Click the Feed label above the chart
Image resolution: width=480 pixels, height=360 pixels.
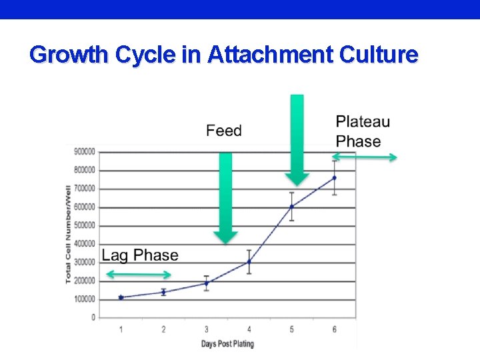(224, 131)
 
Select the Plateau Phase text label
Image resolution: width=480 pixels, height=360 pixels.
(363, 131)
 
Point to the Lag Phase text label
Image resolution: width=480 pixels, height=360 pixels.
(140, 255)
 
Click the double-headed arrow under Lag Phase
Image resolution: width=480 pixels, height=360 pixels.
(139, 275)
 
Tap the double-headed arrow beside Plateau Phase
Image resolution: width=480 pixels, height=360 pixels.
(365, 157)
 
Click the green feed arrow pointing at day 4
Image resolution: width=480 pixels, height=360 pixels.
(226, 197)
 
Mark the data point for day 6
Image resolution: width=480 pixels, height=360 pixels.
(334, 178)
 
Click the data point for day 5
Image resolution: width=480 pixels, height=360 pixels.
(291, 207)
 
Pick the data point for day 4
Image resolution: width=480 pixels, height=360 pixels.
(249, 262)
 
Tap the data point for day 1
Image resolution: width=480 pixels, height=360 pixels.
(121, 297)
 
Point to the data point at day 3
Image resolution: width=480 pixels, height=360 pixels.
(206, 283)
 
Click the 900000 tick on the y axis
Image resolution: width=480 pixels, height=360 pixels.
(85, 152)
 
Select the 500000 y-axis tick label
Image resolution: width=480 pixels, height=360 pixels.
(85, 225)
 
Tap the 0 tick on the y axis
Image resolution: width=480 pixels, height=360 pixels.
(93, 317)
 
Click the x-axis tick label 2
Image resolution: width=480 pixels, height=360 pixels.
(163, 329)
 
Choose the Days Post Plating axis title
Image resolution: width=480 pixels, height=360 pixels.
(227, 344)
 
